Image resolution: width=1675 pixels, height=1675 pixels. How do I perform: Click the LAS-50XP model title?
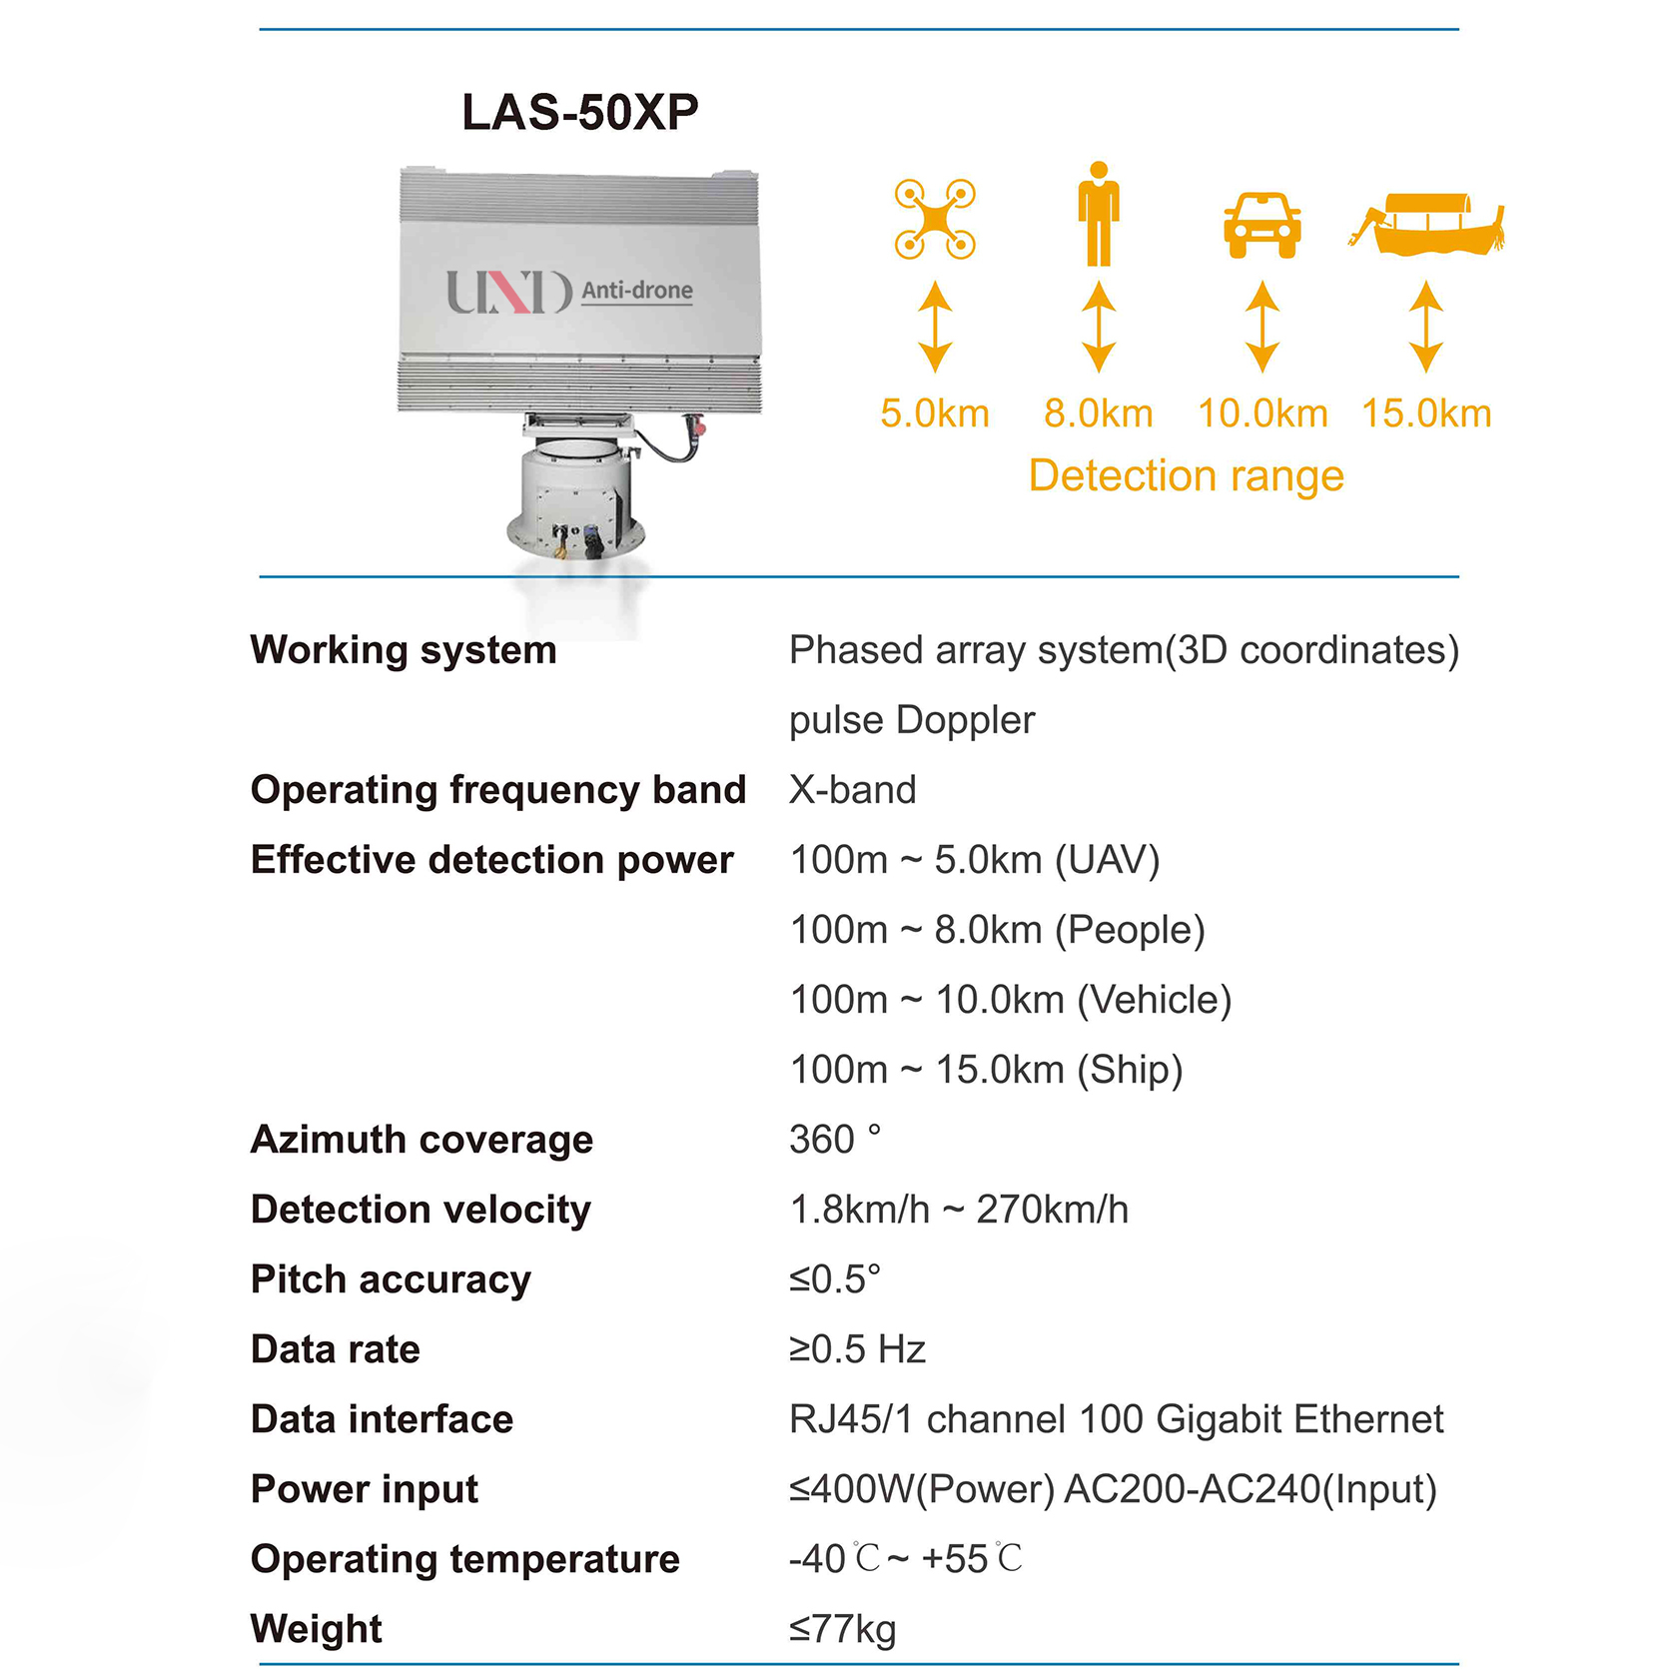point(579,112)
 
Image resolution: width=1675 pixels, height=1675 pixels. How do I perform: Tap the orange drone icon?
point(935,219)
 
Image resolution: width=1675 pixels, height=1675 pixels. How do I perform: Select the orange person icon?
point(1098,215)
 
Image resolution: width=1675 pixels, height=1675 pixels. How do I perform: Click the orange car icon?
point(1262,226)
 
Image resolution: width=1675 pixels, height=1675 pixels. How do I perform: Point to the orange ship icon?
point(1428,225)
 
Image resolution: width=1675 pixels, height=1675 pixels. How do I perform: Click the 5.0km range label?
point(934,414)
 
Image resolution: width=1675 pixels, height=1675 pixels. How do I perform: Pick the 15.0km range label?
point(1426,414)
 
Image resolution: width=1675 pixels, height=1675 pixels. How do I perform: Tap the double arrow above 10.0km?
point(1262,327)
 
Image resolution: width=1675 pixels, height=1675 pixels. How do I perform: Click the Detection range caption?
point(1186,475)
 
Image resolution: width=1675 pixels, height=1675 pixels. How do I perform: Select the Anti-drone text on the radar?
point(637,291)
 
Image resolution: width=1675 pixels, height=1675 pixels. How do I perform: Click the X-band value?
point(852,790)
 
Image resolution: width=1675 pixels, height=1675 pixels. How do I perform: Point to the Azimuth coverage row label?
point(421,1140)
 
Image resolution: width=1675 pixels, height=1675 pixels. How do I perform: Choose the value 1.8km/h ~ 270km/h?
point(959,1210)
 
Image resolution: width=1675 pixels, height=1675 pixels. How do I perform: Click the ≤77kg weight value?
point(842,1629)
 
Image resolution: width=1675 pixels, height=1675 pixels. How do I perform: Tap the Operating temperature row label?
point(464,1559)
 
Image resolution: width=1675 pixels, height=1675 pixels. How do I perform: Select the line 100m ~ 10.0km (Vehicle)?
point(1010,1000)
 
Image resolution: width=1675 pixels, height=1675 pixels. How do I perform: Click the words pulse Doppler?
point(911,720)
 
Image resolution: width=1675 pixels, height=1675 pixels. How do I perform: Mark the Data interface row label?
point(382,1419)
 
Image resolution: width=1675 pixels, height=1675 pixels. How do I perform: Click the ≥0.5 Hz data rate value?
point(857,1349)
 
